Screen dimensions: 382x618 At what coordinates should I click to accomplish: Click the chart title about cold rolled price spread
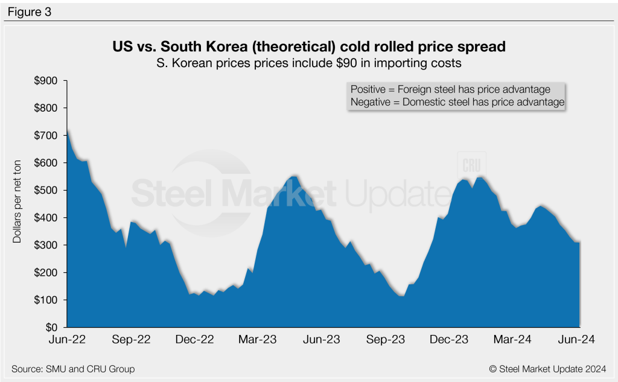point(309,45)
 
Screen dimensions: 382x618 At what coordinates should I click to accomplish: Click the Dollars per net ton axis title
point(18,205)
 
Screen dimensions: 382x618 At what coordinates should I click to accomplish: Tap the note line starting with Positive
point(450,89)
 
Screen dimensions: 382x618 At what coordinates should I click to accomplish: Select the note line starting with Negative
point(457,103)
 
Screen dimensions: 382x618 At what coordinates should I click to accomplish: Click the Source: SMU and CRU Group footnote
point(73,369)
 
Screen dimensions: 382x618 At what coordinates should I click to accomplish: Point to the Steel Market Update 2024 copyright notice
point(547,369)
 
